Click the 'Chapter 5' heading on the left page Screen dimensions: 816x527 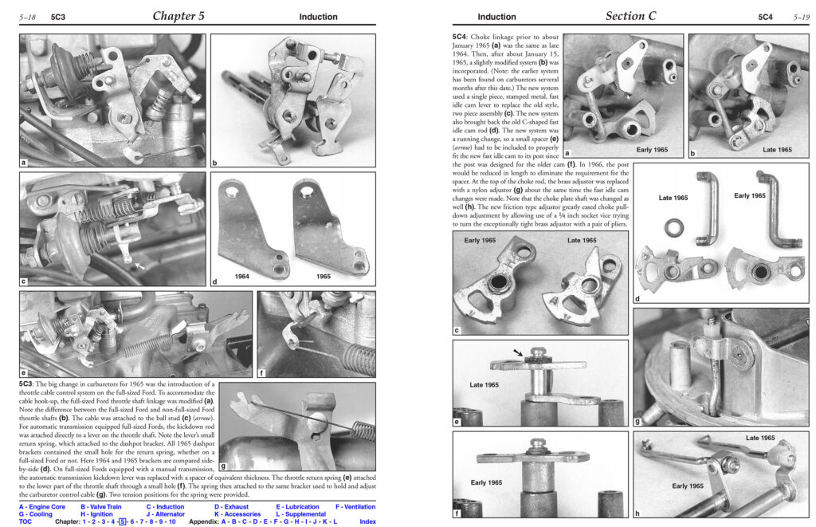pyautogui.click(x=178, y=16)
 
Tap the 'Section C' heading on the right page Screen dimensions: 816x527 pyautogui.click(x=631, y=16)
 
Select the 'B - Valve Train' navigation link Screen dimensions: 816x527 pyautogui.click(x=101, y=507)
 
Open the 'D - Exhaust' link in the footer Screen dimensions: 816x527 pyautogui.click(x=232, y=507)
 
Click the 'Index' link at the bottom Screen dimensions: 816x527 pyautogui.click(x=367, y=521)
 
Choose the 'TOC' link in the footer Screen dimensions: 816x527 pyautogui.click(x=25, y=521)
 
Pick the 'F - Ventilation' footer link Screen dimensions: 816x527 pyautogui.click(x=355, y=507)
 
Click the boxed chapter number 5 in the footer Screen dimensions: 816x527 pyautogui.click(x=122, y=521)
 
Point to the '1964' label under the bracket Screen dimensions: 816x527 pyautogui.click(x=242, y=277)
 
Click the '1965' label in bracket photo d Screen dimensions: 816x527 pyautogui.click(x=324, y=277)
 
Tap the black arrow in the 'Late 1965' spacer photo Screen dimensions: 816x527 pyautogui.click(x=518, y=353)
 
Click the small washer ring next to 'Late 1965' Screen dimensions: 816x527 pyautogui.click(x=674, y=227)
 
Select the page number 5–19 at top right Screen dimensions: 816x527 pyautogui.click(x=801, y=18)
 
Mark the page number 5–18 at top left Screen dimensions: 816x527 pyautogui.click(x=28, y=18)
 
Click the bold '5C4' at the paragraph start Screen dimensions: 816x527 pyautogui.click(x=460, y=37)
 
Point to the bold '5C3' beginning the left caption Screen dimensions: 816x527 pyautogui.click(x=26, y=383)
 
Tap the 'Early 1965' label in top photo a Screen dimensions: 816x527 pyautogui.click(x=652, y=149)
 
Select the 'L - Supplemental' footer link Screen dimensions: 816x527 pyautogui.click(x=300, y=514)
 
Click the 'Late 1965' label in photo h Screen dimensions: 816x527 pyautogui.click(x=759, y=438)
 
